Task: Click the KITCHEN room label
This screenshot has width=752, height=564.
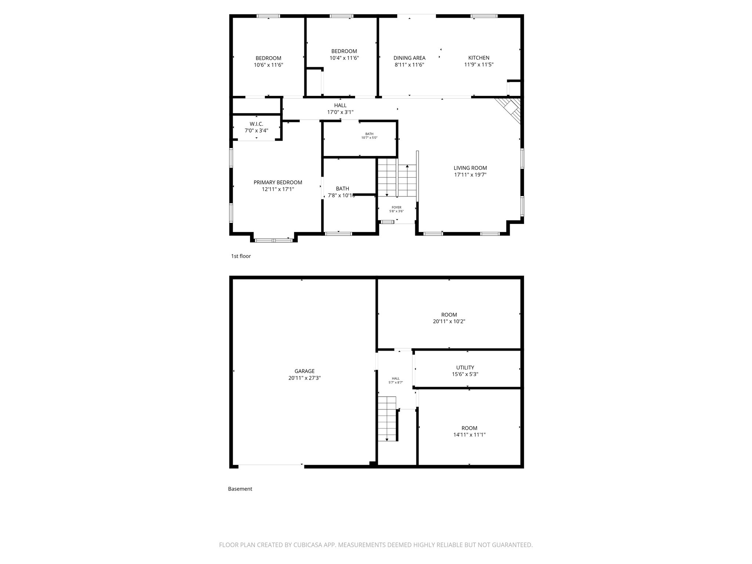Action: (478, 58)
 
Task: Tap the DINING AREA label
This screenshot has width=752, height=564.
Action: (409, 58)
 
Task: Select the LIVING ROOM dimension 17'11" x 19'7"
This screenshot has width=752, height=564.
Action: (470, 175)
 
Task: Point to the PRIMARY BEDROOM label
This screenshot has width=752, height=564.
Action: (278, 182)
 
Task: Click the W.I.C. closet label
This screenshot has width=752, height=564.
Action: (256, 124)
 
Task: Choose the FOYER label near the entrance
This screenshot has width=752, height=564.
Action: (396, 207)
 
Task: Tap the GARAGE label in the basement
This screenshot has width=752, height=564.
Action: (304, 371)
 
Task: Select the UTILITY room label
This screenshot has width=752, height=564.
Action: (465, 368)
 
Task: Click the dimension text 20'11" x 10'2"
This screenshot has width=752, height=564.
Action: (449, 321)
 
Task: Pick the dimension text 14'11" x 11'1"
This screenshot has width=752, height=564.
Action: (469, 435)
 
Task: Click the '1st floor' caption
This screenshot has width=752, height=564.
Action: (241, 256)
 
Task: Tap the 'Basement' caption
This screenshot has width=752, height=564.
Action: (240, 489)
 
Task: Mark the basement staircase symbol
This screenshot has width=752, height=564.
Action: (387, 419)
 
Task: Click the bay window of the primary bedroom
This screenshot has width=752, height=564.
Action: (274, 241)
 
